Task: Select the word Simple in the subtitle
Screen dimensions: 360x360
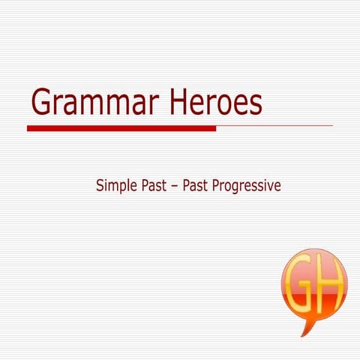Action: (x=117, y=184)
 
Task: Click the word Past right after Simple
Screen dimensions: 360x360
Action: (x=155, y=184)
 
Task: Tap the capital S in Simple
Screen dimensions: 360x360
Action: (x=100, y=184)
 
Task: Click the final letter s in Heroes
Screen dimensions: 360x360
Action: (x=256, y=105)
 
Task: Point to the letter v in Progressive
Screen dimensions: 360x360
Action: (x=269, y=186)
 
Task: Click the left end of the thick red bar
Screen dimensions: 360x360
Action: (x=29, y=128)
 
